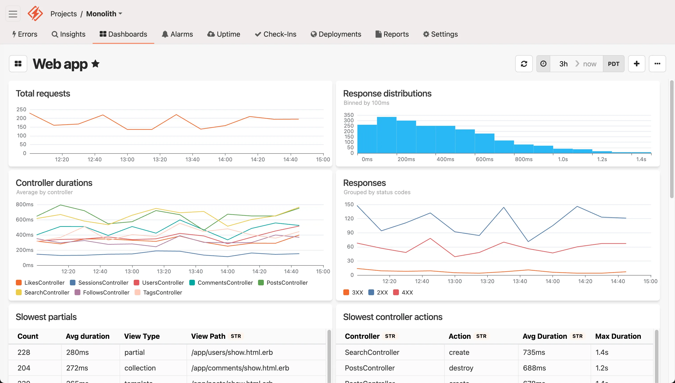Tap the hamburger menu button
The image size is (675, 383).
point(13,14)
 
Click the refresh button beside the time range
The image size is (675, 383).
point(524,64)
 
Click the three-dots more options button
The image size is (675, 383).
point(657,64)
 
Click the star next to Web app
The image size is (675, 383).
point(95,64)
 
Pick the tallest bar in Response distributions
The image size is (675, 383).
point(387,135)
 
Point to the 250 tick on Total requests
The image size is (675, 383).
point(21,109)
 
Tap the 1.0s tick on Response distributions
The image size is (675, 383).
point(562,159)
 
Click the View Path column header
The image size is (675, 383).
point(208,336)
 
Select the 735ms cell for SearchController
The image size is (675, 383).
point(534,352)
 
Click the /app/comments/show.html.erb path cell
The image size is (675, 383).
point(240,368)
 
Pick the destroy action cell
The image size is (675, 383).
point(461,368)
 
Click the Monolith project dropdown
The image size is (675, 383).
point(104,14)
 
